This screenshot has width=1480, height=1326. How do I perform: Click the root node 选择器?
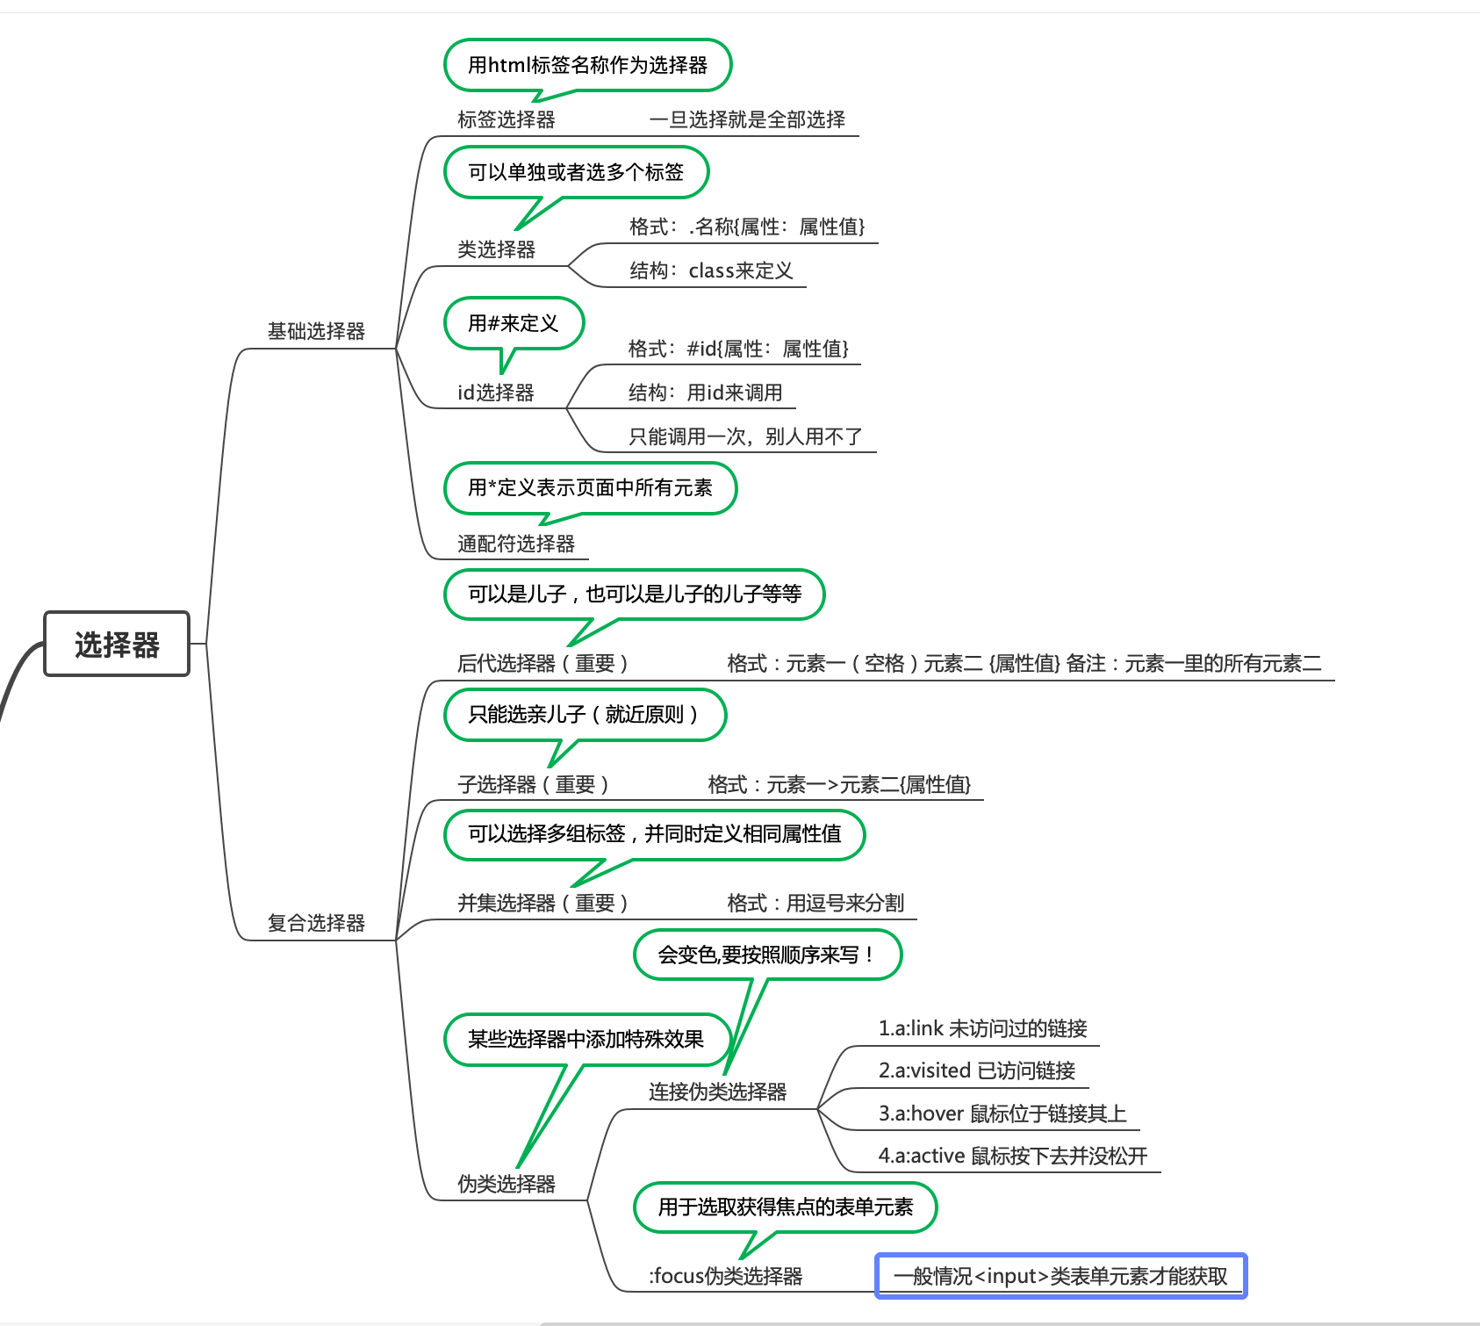(117, 645)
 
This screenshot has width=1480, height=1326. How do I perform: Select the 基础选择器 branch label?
(316, 331)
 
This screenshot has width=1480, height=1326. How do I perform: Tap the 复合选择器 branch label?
(316, 923)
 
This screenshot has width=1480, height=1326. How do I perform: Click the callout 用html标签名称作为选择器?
(587, 65)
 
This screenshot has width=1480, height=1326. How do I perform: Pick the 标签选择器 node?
(506, 119)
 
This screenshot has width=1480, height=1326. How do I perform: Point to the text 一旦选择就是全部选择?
(747, 119)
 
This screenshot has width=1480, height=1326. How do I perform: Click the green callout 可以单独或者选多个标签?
(576, 172)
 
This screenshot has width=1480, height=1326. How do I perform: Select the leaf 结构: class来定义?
(711, 270)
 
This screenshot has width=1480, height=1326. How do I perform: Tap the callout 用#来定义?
(514, 323)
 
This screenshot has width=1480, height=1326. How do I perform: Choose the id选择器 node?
(496, 393)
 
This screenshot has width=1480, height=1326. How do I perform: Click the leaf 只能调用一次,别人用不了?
(745, 436)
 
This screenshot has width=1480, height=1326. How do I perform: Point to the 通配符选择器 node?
(516, 544)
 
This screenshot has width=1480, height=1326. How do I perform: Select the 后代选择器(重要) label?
(542, 664)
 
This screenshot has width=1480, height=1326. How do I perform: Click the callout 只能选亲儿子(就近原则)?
(585, 715)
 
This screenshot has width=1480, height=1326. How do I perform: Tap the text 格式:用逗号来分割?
(815, 903)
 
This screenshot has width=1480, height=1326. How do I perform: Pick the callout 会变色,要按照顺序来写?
(767, 955)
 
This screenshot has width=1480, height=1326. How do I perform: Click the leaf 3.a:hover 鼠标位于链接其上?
(1002, 1113)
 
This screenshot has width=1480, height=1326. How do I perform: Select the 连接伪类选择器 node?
(717, 1092)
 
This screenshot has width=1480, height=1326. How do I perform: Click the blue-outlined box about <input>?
(1060, 1276)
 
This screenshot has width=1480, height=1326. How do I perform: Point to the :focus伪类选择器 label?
(726, 1276)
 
